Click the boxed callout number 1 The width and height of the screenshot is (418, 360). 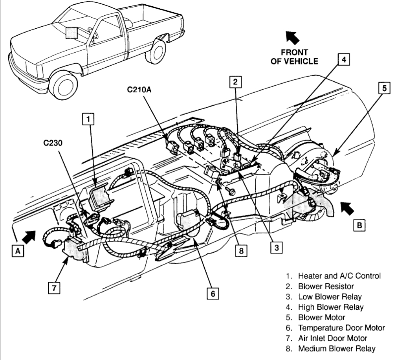(89, 118)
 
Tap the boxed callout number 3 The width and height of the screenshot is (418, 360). (276, 247)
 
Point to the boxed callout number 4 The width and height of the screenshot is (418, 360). (343, 60)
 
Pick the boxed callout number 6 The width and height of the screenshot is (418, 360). (212, 294)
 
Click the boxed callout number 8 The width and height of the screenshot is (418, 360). (239, 250)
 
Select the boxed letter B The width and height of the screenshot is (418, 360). (359, 225)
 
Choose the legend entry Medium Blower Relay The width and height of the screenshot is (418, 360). (337, 348)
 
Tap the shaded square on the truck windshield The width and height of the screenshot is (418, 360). (72, 33)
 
